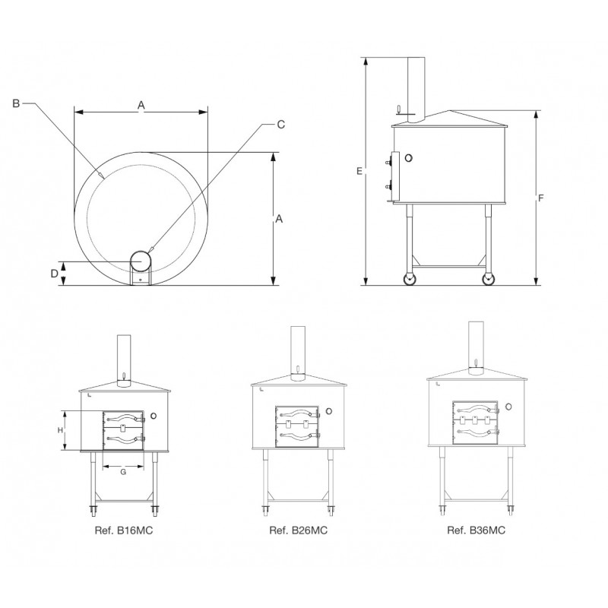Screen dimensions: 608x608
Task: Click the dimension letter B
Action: [16, 103]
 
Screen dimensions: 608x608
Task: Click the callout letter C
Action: [281, 124]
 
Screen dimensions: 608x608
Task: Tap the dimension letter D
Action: [54, 274]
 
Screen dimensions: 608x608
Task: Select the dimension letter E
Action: [359, 171]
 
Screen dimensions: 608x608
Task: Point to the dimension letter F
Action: [541, 198]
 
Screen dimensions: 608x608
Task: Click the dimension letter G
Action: [123, 472]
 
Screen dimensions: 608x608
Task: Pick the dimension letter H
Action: [61, 430]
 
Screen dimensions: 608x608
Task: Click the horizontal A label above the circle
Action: [141, 105]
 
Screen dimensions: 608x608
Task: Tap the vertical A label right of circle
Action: [279, 219]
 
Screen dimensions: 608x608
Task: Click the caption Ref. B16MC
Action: [124, 530]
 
